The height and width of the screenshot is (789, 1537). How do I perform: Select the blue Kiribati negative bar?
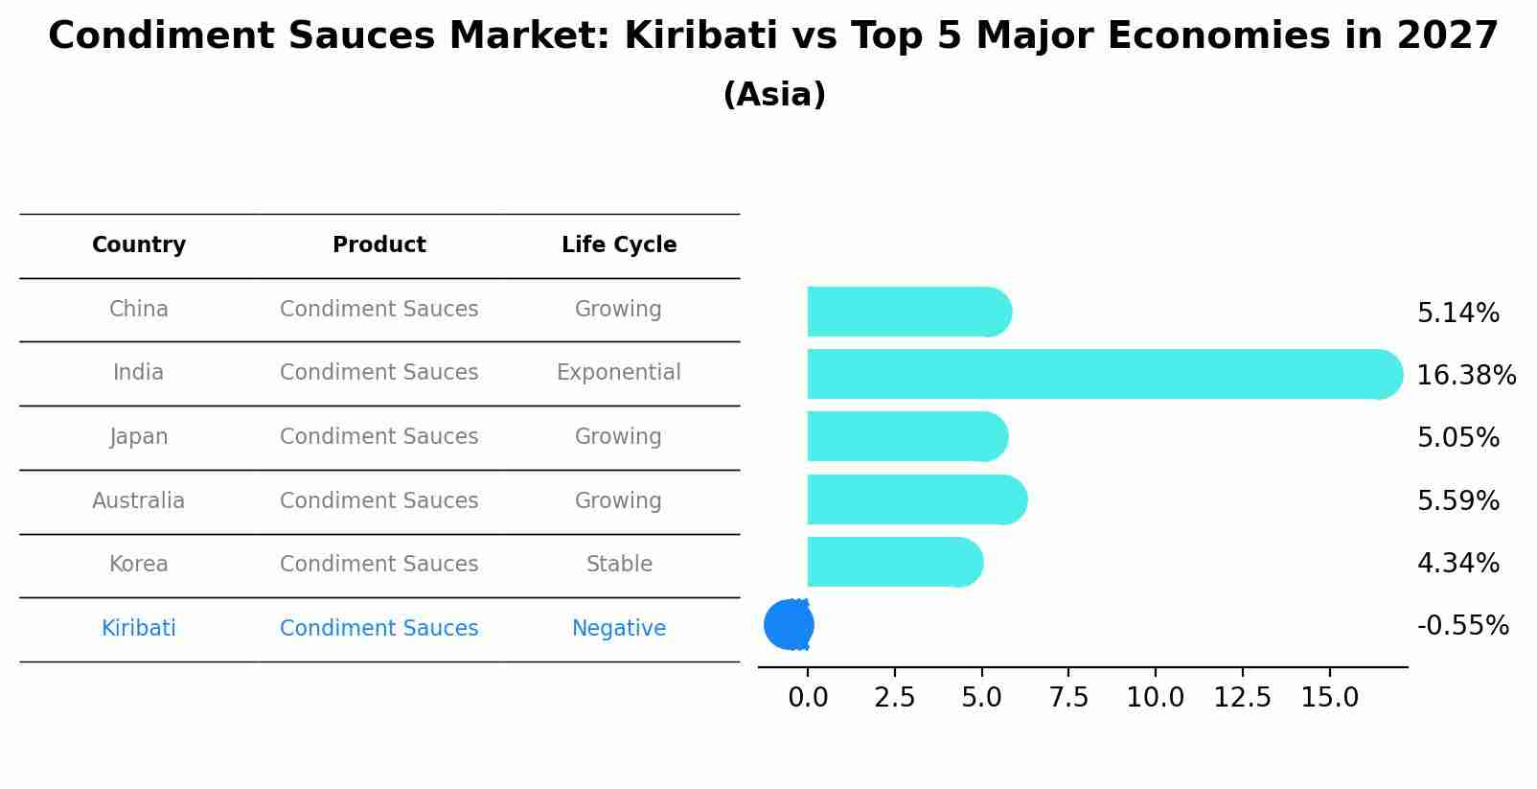pos(789,625)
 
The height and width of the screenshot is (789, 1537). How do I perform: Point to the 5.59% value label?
pos(1457,500)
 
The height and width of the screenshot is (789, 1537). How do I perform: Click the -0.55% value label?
pos(1462,626)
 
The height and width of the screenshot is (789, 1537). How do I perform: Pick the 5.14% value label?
pos(1457,313)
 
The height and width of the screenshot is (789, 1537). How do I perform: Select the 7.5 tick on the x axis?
pos(1068,698)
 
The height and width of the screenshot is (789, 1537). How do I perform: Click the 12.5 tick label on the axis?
pos(1242,698)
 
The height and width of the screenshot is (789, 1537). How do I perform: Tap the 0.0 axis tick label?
pos(808,698)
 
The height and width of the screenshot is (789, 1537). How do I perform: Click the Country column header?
pos(139,245)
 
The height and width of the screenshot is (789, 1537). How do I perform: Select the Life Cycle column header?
pos(619,245)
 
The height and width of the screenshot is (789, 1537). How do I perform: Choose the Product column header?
pos(379,245)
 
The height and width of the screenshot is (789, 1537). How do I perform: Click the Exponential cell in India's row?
pos(619,373)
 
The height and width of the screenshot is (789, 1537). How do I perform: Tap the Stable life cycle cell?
pos(619,565)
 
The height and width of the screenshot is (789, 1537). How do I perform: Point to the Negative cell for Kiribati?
pos(619,629)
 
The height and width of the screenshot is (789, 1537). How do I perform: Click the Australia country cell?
pos(139,501)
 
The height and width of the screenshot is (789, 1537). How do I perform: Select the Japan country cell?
pos(139,437)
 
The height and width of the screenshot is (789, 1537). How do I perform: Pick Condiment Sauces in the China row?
pos(379,310)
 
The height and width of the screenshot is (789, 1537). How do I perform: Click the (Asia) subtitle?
pos(774,95)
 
